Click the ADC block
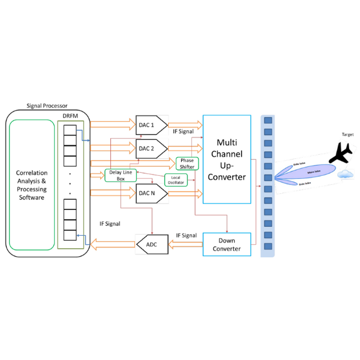(151, 244)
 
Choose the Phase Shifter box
(187, 163)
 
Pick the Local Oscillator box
(176, 179)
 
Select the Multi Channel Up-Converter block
(227, 160)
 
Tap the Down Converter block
(227, 244)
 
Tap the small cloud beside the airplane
(344, 175)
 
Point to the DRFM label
(70, 116)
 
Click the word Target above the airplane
(348, 134)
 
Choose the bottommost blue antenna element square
(268, 246)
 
